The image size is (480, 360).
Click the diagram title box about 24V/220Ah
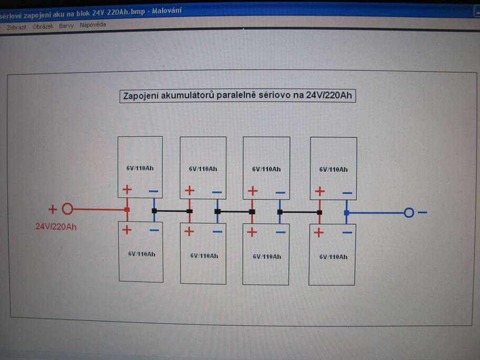[x=237, y=96]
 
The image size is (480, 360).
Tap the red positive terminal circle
[x=67, y=209]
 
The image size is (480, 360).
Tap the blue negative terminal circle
[x=409, y=213]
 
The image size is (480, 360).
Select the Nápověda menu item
[x=93, y=25]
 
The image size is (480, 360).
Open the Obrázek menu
[x=43, y=26]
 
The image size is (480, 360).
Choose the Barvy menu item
[x=66, y=25]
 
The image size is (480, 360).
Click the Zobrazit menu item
[x=16, y=27]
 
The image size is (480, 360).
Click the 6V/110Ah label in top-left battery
[x=140, y=168]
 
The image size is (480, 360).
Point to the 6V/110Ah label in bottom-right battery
[x=333, y=257]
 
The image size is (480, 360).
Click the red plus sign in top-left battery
[x=127, y=190]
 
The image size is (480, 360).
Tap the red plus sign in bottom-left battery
[x=127, y=229]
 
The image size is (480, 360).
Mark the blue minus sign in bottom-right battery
[x=347, y=232]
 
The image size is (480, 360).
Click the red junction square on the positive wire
[x=127, y=209]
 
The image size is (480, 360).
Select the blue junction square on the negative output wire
[x=346, y=213]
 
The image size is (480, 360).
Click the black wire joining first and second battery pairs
[x=172, y=211]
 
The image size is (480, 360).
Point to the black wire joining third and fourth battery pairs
[x=299, y=212]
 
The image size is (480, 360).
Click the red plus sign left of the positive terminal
[x=53, y=209]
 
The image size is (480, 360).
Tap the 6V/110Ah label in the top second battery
[x=203, y=169]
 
